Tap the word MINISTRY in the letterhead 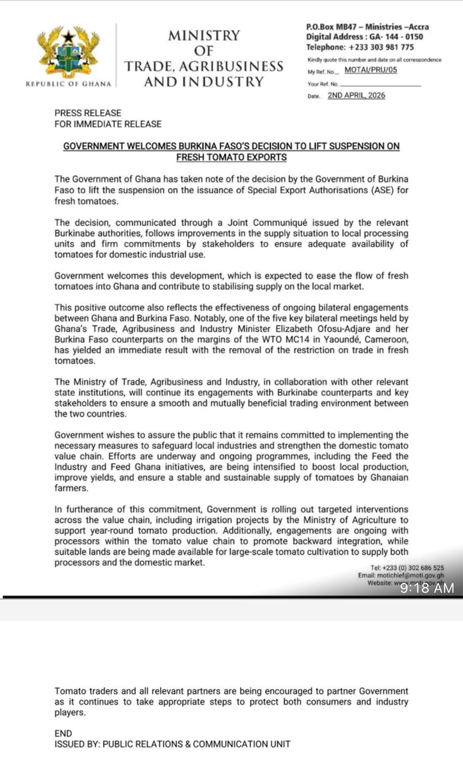204,35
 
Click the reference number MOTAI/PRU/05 371,71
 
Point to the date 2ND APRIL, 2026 356,95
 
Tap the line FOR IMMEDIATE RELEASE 108,124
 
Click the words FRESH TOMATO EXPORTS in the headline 231,157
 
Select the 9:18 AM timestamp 427,588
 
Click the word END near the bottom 63,733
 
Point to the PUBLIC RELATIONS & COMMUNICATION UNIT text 196,744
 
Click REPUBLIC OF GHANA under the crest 69,84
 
